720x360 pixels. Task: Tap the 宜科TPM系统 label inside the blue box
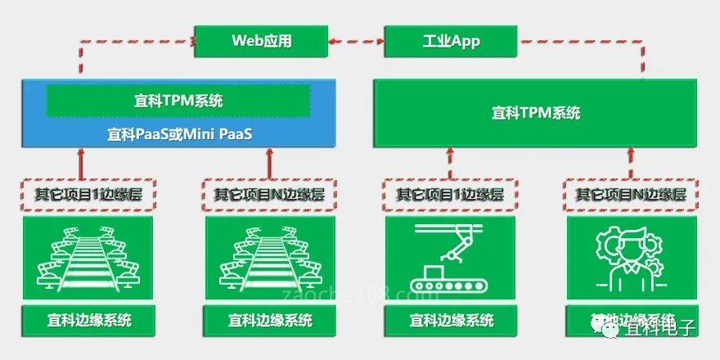pyautogui.click(x=178, y=101)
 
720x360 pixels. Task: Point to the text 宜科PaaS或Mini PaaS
pyautogui.click(x=178, y=132)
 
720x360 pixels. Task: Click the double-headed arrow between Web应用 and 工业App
pyautogui.click(x=356, y=39)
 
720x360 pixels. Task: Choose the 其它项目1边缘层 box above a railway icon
pyautogui.click(x=88, y=195)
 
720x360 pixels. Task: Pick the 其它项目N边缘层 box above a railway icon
pyautogui.click(x=269, y=195)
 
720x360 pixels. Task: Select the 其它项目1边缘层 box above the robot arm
pyautogui.click(x=450, y=195)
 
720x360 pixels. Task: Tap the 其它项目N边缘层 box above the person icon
pyautogui.click(x=631, y=195)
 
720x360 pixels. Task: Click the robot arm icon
pyautogui.click(x=450, y=258)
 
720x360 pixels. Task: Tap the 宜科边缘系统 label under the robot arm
pyautogui.click(x=451, y=320)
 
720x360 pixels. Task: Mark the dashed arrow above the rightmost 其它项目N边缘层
pyautogui.click(x=630, y=162)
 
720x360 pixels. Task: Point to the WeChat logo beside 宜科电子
pyautogui.click(x=610, y=329)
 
